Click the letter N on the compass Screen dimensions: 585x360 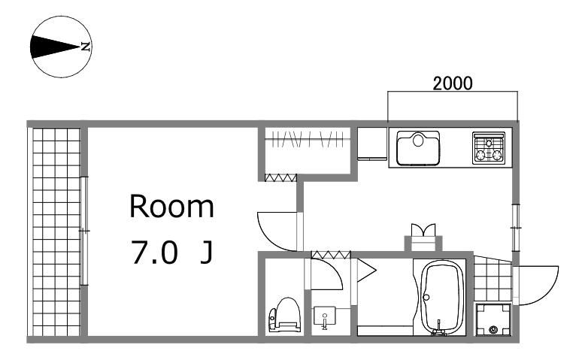[x=86, y=47]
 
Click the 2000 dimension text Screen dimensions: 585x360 [x=453, y=83]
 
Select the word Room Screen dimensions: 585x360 [x=171, y=206]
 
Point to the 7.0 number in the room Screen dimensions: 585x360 [x=154, y=253]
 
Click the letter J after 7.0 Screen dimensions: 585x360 [x=206, y=253]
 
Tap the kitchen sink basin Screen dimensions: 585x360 [x=418, y=148]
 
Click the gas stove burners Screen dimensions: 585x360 [x=489, y=148]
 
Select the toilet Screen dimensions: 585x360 [x=285, y=314]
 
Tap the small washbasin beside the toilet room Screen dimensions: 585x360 [x=325, y=317]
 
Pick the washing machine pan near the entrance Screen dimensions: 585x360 [x=493, y=319]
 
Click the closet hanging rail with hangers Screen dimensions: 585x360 [x=308, y=140]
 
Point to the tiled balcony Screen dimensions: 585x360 [x=56, y=231]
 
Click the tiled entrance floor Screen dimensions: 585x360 [x=493, y=279]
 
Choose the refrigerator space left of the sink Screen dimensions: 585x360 [x=372, y=144]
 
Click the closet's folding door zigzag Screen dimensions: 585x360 [x=281, y=177]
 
